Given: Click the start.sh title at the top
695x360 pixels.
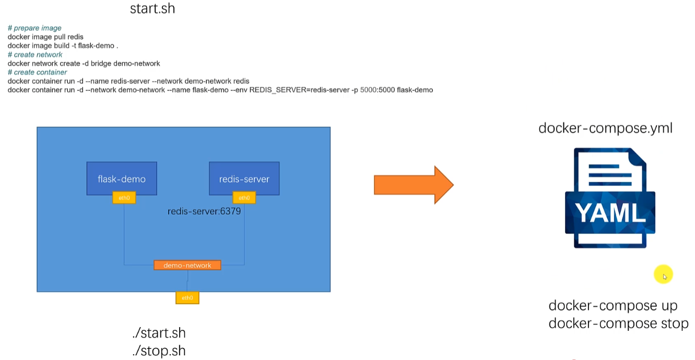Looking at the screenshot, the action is tap(152, 9).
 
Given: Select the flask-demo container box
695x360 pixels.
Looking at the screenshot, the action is tap(122, 179).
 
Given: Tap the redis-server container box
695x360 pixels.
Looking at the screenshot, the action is tap(244, 179).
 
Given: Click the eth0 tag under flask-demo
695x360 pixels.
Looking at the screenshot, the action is tap(124, 198).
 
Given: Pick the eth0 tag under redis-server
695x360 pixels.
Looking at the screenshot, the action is tap(244, 198).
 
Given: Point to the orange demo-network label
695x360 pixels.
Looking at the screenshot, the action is tap(187, 265).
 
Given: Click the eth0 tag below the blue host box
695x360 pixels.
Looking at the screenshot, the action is tap(187, 298).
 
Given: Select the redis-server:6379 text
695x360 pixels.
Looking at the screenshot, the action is tap(204, 212).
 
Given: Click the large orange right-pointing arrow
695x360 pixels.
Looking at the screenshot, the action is tap(413, 184).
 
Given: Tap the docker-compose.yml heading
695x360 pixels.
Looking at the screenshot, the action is tap(605, 128).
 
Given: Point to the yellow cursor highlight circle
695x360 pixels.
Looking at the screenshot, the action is tap(663, 275).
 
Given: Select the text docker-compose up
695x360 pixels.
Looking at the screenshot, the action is tap(612, 306).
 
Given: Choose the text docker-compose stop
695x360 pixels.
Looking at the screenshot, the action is tap(618, 323).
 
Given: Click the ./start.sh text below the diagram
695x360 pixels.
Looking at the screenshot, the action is tap(159, 333).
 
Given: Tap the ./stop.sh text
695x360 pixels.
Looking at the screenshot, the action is tap(159, 351).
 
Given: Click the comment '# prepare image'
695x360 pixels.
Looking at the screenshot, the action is tap(34, 28).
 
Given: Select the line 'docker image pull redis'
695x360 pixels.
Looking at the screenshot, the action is tap(45, 37).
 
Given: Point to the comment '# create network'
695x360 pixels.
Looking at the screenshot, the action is tap(35, 55).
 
